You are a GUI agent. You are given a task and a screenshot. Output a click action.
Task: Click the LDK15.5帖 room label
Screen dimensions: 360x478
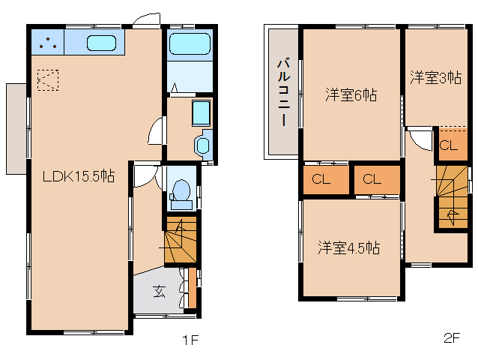point(78,177)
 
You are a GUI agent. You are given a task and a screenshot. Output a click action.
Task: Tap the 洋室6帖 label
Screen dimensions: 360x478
point(351,95)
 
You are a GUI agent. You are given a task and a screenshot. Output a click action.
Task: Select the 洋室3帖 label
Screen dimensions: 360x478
point(435,78)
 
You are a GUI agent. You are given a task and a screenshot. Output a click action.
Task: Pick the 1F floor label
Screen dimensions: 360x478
point(190,340)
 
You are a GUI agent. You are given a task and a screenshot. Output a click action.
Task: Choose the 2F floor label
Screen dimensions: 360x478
point(451,338)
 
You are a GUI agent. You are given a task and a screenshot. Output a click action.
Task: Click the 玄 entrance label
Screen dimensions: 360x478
point(160,291)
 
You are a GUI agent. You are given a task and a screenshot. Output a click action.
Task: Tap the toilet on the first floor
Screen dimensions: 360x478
point(181,193)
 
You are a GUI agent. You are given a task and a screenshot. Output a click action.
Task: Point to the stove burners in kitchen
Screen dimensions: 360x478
point(48,43)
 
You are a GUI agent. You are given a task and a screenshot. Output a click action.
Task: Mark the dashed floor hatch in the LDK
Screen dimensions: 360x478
point(47,79)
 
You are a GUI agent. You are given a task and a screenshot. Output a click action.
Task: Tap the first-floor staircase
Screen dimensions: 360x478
point(180,241)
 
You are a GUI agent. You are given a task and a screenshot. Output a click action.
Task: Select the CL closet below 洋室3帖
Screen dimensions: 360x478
point(448,145)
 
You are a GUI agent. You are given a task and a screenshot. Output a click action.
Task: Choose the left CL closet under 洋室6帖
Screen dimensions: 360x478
point(320,179)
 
